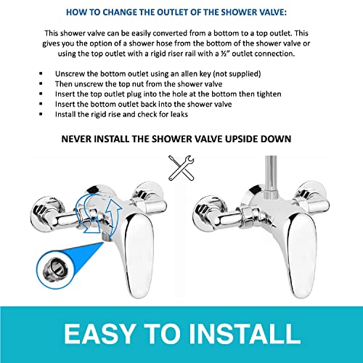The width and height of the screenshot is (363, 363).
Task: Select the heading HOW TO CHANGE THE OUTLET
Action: click(x=181, y=12)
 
